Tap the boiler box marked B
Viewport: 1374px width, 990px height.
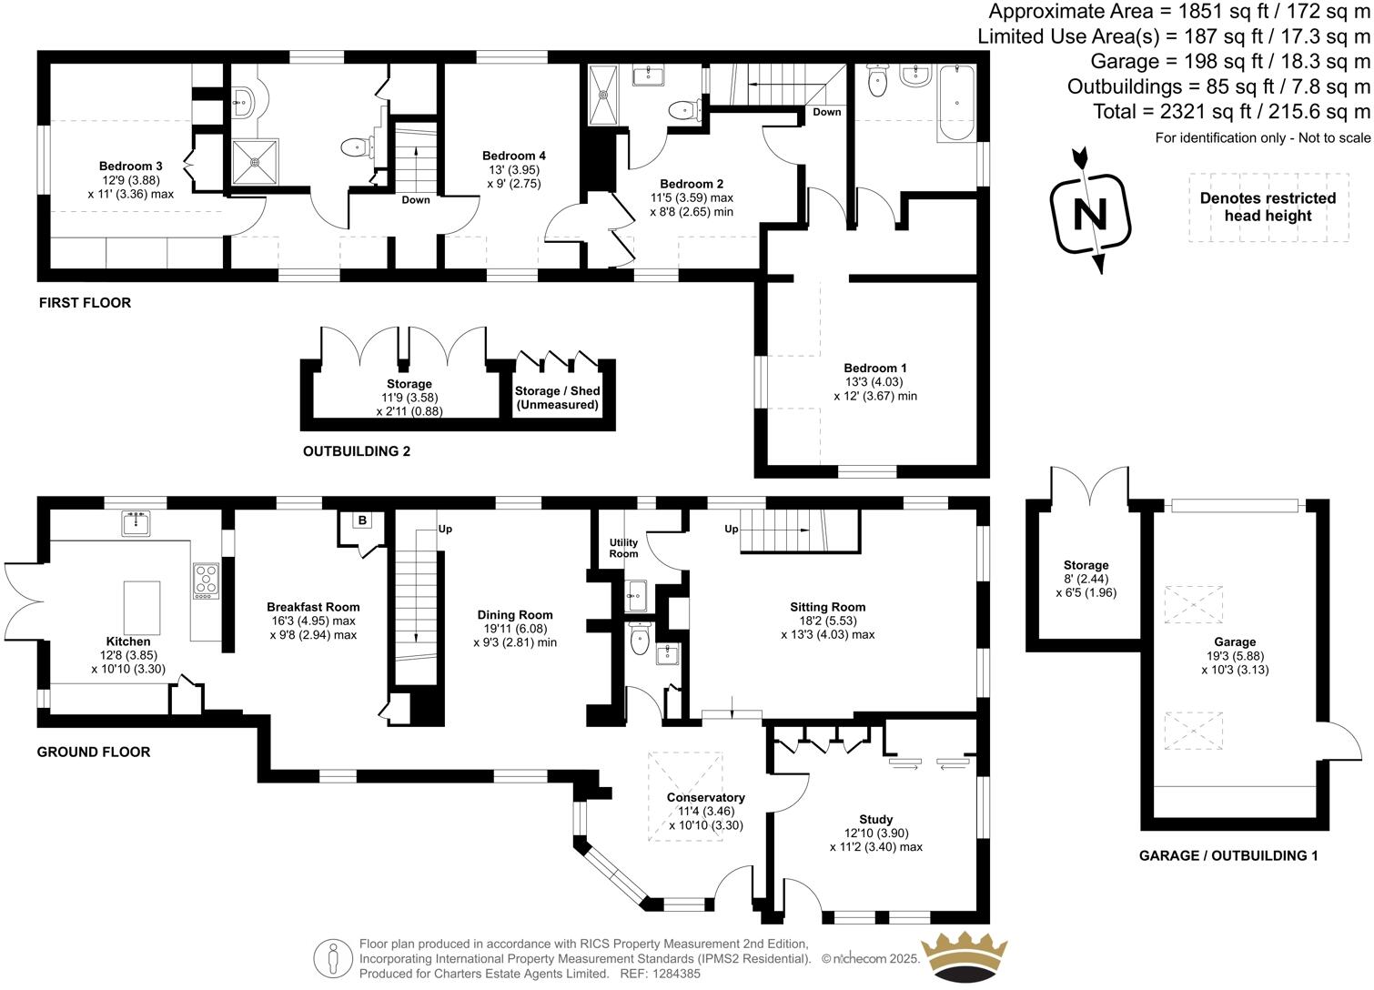362,520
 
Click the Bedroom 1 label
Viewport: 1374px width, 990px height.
874,369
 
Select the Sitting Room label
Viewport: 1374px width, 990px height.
827,607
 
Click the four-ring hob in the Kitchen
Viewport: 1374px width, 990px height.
206,581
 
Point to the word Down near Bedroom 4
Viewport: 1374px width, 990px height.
416,199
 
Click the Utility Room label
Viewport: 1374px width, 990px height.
623,548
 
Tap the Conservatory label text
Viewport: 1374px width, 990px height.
705,798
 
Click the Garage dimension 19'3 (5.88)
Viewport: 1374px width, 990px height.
1234,656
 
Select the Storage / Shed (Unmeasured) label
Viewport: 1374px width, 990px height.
557,398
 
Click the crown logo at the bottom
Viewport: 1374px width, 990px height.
965,956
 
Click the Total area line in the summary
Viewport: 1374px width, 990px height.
1231,112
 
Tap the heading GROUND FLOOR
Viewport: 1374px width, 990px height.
94,752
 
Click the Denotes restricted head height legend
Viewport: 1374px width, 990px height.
1268,207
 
